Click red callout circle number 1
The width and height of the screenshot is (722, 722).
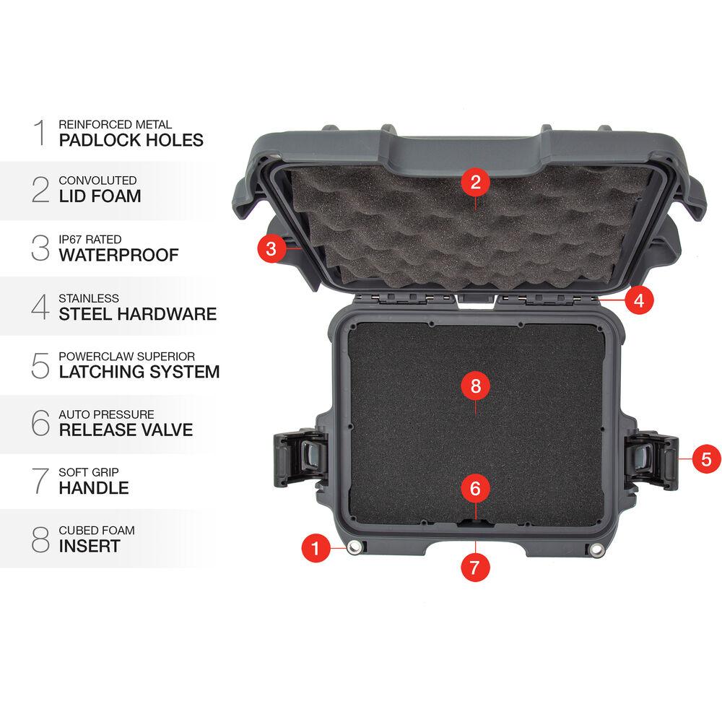[x=316, y=548]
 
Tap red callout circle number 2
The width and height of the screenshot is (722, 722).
[x=476, y=183]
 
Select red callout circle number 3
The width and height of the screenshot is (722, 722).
[x=271, y=248]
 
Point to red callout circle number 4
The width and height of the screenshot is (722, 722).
[x=639, y=300]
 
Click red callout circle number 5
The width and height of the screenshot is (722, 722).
[x=706, y=458]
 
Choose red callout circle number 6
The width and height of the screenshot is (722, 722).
[x=476, y=488]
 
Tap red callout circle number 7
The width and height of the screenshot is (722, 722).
[x=475, y=567]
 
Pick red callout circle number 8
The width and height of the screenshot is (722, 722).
[x=476, y=386]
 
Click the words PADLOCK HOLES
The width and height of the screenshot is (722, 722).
[x=131, y=140]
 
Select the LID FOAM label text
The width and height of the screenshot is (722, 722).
[x=100, y=196]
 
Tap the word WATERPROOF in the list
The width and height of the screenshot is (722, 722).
[x=119, y=255]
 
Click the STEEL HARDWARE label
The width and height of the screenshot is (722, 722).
[x=138, y=314]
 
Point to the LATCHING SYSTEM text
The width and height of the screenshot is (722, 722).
[x=139, y=372]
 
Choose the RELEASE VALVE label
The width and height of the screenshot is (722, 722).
[x=126, y=430]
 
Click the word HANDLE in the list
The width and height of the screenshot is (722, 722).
[x=94, y=488]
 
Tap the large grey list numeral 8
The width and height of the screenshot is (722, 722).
[x=40, y=539]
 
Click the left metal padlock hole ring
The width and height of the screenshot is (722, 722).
[x=354, y=547]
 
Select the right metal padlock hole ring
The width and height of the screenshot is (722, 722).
[x=596, y=549]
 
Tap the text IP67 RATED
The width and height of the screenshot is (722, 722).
[x=90, y=240]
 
